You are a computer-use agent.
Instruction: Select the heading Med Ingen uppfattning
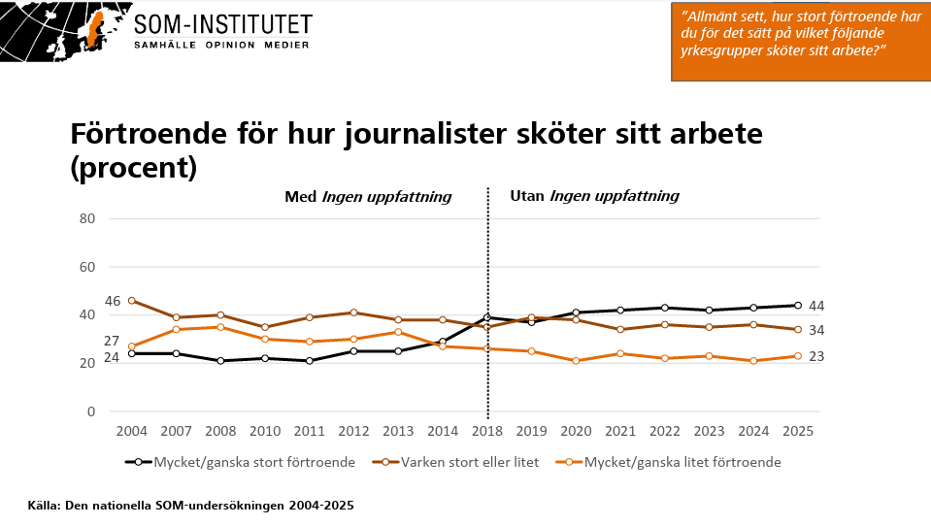(368, 196)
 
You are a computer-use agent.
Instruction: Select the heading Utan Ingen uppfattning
(594, 196)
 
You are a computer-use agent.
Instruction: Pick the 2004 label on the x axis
(131, 430)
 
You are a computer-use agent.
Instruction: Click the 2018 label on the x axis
(486, 430)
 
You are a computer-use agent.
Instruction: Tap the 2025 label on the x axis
(797, 430)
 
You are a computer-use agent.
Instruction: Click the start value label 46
(113, 301)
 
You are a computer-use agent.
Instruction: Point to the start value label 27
(113, 341)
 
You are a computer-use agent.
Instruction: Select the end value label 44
(816, 306)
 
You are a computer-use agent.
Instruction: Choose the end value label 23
(816, 356)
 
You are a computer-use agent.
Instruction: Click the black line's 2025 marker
(797, 306)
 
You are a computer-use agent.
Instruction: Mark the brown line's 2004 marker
(131, 301)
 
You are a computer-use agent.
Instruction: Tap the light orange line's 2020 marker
(576, 361)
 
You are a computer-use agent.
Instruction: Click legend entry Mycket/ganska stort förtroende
(243, 462)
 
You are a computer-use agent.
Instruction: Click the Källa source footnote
(190, 506)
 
